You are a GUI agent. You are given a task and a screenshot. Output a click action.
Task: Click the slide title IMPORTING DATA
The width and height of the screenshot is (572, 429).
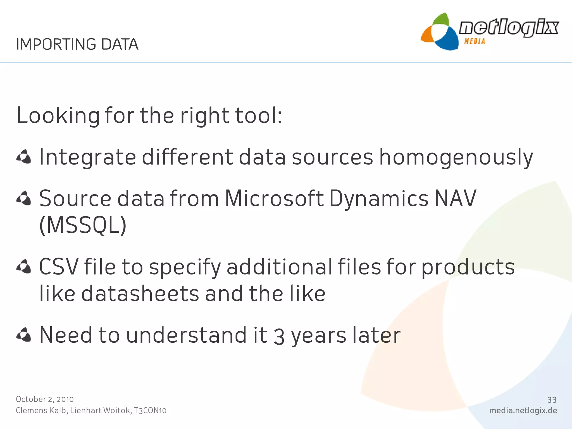[x=77, y=44]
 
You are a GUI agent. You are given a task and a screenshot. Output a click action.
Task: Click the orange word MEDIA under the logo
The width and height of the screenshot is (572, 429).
[x=475, y=41]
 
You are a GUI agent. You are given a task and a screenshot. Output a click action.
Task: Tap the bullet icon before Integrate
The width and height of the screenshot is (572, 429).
[x=24, y=157]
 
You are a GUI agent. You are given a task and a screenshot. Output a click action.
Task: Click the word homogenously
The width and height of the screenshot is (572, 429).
[x=456, y=157]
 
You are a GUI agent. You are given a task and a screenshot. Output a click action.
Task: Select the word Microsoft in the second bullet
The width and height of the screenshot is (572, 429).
[x=274, y=198]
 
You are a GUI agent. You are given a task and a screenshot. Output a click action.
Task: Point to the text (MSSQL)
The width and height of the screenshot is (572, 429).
[x=83, y=225]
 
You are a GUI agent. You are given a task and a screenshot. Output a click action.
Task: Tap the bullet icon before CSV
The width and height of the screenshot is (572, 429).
[x=24, y=266]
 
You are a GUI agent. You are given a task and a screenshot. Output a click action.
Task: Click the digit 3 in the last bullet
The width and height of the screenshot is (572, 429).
[x=279, y=336]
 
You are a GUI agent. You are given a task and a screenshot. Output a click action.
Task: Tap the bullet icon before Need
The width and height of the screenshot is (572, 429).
[x=24, y=335]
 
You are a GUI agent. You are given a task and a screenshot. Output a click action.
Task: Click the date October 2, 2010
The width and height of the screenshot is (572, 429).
[x=45, y=399]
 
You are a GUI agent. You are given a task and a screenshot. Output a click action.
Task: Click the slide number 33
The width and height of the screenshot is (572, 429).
[x=552, y=400]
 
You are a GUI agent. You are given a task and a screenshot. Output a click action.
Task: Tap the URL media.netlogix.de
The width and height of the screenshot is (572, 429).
[x=523, y=411]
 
